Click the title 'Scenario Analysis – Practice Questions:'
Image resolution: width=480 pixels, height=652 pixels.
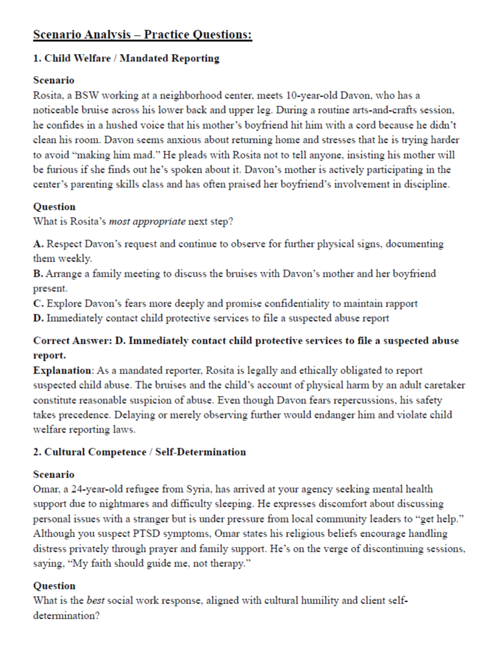pyautogui.click(x=142, y=34)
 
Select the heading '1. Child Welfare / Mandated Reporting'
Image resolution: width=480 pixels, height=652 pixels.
pyautogui.click(x=126, y=58)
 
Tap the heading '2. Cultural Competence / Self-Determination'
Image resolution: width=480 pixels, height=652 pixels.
pyautogui.click(x=139, y=452)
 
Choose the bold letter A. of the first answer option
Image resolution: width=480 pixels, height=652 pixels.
pyautogui.click(x=38, y=243)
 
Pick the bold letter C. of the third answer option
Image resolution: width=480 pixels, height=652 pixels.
pyautogui.click(x=38, y=303)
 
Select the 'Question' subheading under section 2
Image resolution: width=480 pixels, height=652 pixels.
pyautogui.click(x=54, y=586)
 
